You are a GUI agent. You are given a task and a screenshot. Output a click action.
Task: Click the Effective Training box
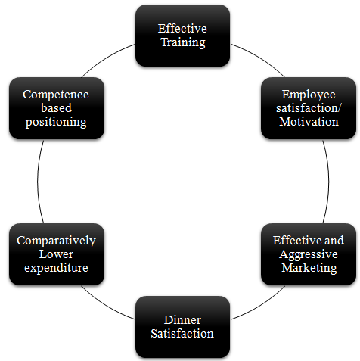[182, 36]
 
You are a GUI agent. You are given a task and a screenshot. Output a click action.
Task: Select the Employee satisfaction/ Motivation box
[309, 108]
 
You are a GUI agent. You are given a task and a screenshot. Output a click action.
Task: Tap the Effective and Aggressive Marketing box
[309, 254]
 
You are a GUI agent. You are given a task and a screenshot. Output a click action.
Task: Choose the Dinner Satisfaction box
[182, 327]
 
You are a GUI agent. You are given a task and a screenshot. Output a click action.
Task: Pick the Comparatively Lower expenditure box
[57, 254]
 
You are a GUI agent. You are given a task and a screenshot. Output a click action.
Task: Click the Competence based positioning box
[57, 108]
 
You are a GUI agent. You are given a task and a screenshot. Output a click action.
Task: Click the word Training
[183, 42]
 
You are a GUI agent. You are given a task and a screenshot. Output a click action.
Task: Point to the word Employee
[309, 95]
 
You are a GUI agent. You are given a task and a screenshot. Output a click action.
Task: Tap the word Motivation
[309, 122]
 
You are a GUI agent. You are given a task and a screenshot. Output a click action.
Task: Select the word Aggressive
[309, 254]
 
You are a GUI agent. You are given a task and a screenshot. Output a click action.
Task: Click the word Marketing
[309, 268]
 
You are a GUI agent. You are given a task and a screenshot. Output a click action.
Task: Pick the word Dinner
[182, 320]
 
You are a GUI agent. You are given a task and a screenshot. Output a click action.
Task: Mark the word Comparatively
[56, 241]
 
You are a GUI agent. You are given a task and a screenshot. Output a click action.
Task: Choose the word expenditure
[56, 268]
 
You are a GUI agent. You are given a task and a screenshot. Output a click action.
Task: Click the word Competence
[56, 95]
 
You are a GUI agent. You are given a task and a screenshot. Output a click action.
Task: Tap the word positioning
[56, 122]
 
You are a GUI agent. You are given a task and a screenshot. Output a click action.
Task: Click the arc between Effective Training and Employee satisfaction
[259, 58]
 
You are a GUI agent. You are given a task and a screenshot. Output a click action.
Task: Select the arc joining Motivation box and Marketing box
[328, 181]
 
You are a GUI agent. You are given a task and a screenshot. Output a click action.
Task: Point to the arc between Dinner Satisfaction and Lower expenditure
[106, 305]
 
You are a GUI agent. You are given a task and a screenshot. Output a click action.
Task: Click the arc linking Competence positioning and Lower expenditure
[38, 181]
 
